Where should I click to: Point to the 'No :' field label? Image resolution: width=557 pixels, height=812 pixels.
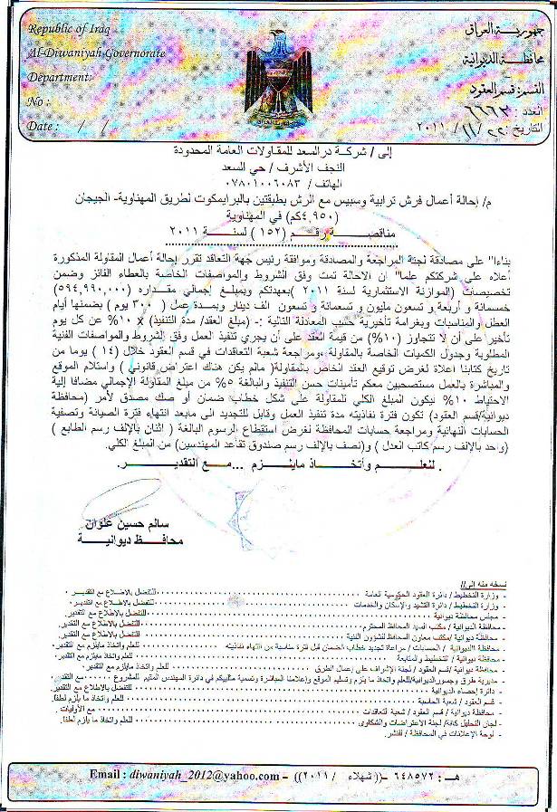click(38, 101)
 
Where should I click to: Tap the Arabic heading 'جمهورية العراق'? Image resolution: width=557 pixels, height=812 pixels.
click(496, 30)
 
